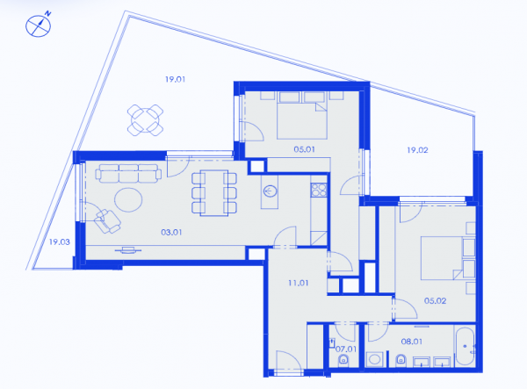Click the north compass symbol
click(x=39, y=25)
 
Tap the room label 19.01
click(x=175, y=79)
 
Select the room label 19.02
click(x=417, y=150)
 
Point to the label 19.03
click(x=60, y=241)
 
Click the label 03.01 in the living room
click(x=171, y=232)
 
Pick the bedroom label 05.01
click(x=304, y=149)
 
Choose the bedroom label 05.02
click(x=436, y=300)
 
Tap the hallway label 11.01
click(x=298, y=283)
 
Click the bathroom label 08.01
click(x=412, y=342)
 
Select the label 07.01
click(x=346, y=349)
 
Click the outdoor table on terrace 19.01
click(x=145, y=120)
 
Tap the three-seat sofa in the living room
click(x=128, y=173)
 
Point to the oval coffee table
click(x=128, y=200)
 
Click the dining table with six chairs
click(x=214, y=193)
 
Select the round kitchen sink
click(x=270, y=191)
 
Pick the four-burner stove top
click(x=319, y=190)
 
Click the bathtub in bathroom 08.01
click(x=466, y=346)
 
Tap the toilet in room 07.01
click(x=343, y=360)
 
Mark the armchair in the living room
click(x=107, y=221)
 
